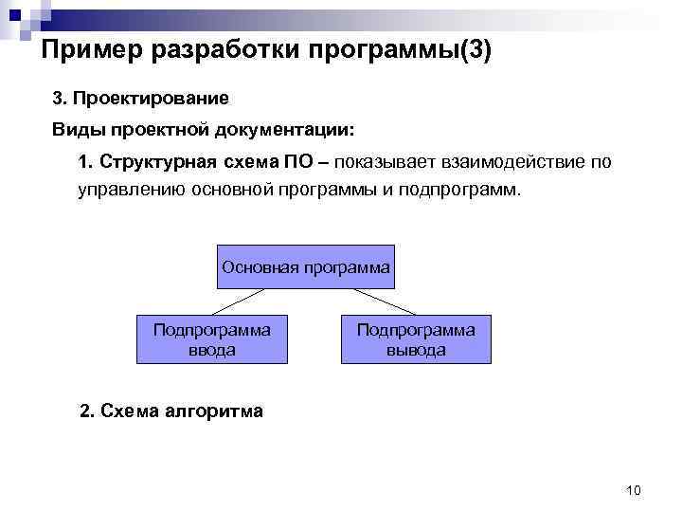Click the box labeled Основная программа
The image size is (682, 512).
pyautogui.click(x=305, y=266)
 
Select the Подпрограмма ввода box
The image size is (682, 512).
pyautogui.click(x=211, y=338)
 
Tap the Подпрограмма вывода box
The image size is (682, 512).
pyautogui.click(x=415, y=338)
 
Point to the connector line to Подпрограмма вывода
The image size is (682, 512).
pyautogui.click(x=378, y=301)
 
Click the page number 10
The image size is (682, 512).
pyautogui.click(x=634, y=490)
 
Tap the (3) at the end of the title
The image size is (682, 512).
pyautogui.click(x=475, y=50)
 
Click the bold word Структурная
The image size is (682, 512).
pyautogui.click(x=159, y=162)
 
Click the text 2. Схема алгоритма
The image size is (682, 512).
pyautogui.click(x=171, y=411)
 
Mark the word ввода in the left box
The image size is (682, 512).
pyautogui.click(x=211, y=350)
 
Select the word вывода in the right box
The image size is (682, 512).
pyautogui.click(x=415, y=350)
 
